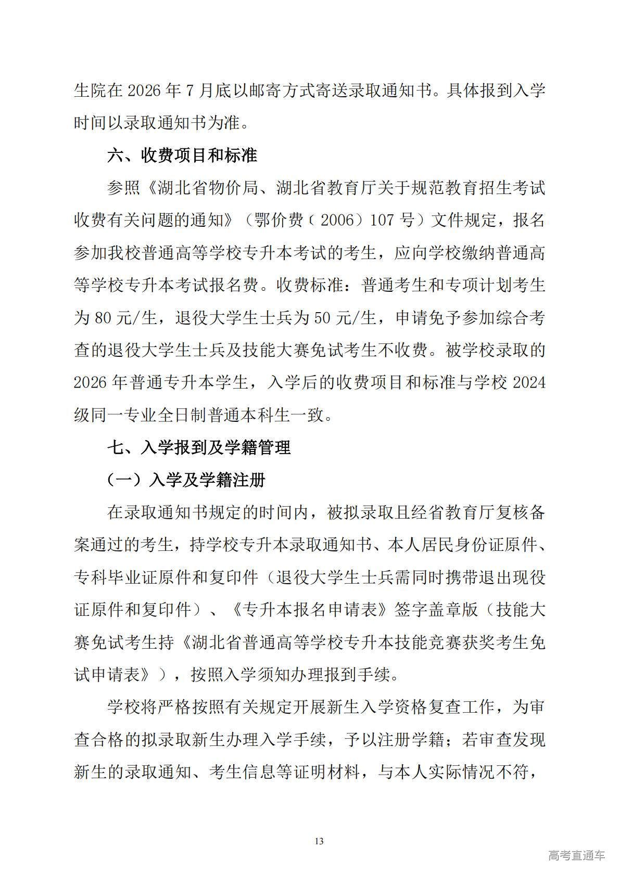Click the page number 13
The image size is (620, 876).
tap(319, 841)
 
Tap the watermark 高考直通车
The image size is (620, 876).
tap(576, 855)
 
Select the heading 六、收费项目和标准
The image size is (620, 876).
tap(182, 155)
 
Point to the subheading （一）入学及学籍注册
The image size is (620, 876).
tap(186, 479)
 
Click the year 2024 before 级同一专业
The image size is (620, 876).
tap(529, 382)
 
